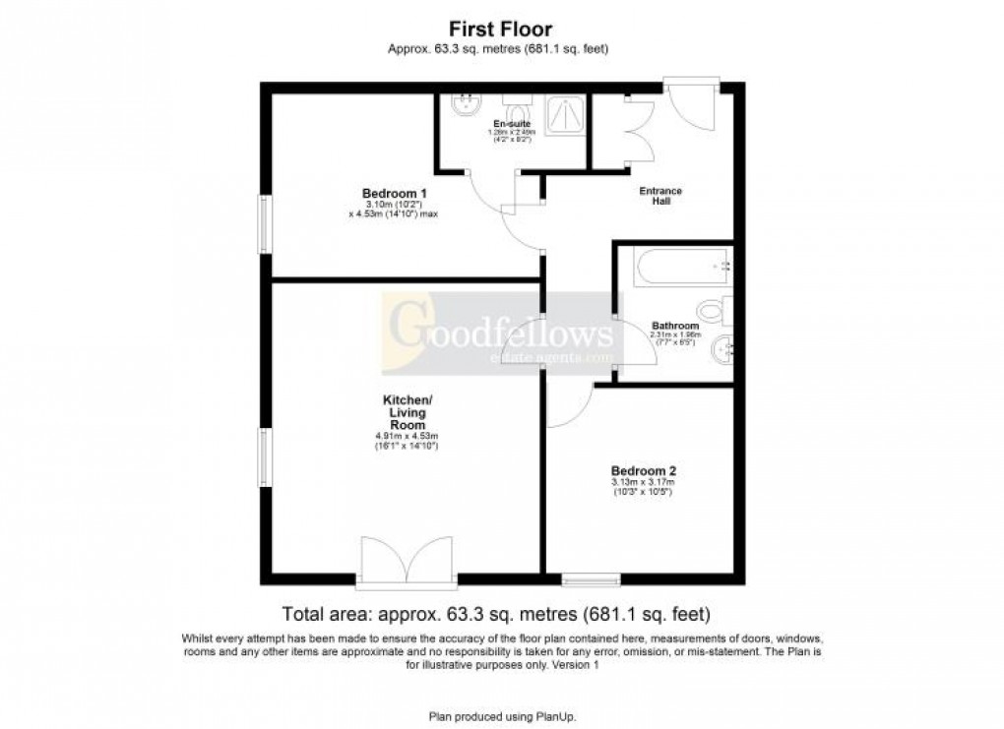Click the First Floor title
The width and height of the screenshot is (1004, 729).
501,30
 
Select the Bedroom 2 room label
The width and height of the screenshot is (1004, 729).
642,470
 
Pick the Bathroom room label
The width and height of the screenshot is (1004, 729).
675,326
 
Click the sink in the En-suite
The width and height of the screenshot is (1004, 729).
462,105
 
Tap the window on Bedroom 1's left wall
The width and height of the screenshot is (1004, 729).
264,223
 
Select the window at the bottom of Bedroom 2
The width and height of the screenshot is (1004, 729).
591,577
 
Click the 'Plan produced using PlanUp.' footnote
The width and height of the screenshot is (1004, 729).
501,715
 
